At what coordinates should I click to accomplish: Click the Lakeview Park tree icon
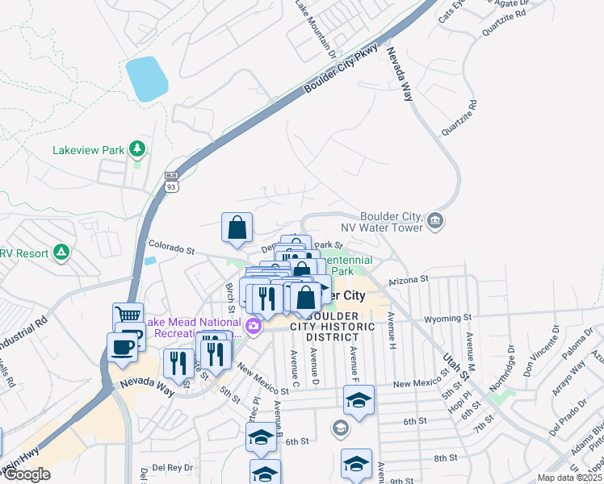[137, 148]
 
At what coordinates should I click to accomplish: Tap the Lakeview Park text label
[89, 150]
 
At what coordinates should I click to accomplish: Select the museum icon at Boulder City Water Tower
[435, 221]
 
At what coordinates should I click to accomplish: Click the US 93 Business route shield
[170, 181]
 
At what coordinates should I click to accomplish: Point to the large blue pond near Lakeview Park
[146, 79]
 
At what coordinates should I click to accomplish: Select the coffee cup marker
[122, 346]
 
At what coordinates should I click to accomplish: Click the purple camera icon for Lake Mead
[254, 326]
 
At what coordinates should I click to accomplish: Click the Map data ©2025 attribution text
[570, 478]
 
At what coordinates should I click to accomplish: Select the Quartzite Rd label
[459, 118]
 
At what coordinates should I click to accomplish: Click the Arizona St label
[407, 280]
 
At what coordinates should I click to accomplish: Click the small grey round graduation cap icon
[339, 426]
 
